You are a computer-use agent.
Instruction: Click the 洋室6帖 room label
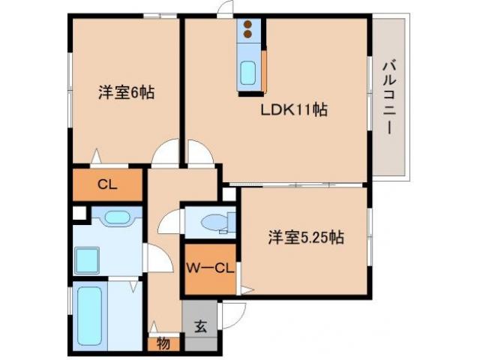(125, 93)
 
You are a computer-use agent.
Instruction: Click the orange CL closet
(106, 184)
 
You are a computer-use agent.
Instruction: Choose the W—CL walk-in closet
(210, 268)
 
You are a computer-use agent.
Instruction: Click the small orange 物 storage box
(163, 344)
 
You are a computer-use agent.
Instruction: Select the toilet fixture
(217, 223)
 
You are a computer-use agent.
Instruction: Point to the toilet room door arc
(170, 222)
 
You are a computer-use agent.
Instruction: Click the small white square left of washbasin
(78, 212)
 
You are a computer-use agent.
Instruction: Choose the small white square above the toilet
(228, 193)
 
